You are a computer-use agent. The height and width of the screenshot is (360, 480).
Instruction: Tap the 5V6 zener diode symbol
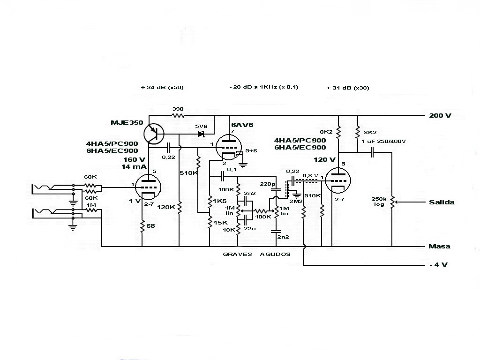202,134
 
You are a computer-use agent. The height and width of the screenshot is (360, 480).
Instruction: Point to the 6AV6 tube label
242,125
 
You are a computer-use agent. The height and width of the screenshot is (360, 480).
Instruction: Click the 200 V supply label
440,115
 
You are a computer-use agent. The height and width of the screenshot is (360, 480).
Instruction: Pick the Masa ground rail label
439,247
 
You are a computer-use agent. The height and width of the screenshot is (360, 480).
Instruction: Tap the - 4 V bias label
439,265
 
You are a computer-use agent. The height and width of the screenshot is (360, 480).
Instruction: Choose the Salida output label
441,202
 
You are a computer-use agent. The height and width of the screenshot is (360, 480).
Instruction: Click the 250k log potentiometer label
378,202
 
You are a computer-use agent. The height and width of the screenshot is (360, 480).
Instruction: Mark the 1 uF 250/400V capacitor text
383,141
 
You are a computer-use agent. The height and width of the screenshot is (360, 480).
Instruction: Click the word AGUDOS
275,255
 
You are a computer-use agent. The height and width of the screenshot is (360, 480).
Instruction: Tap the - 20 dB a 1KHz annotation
264,88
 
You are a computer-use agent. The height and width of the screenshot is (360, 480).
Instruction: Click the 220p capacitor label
268,184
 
